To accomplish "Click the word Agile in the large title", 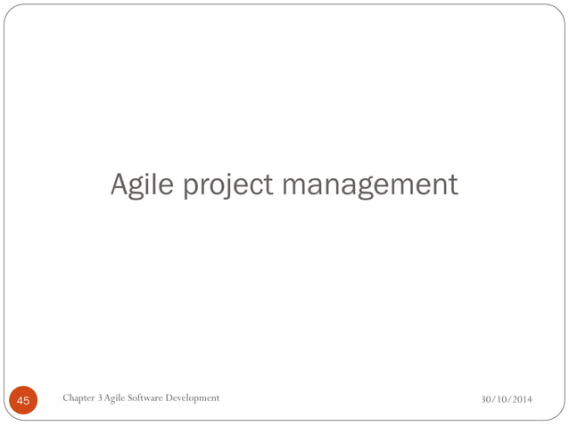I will click(x=142, y=184).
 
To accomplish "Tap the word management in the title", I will click(x=370, y=184).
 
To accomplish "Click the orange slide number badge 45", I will click(x=22, y=401).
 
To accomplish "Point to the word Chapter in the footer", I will click(x=80, y=397).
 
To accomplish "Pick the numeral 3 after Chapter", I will click(x=103, y=397).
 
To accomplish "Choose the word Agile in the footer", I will click(x=117, y=397).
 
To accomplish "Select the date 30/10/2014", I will click(x=507, y=398).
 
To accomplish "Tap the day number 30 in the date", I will click(x=486, y=398).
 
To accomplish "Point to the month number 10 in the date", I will click(x=503, y=398).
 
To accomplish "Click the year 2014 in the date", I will click(x=523, y=398).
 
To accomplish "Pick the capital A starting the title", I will click(x=120, y=184).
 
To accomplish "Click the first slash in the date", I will click(x=494, y=398).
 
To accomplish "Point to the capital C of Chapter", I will click(x=66, y=397).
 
